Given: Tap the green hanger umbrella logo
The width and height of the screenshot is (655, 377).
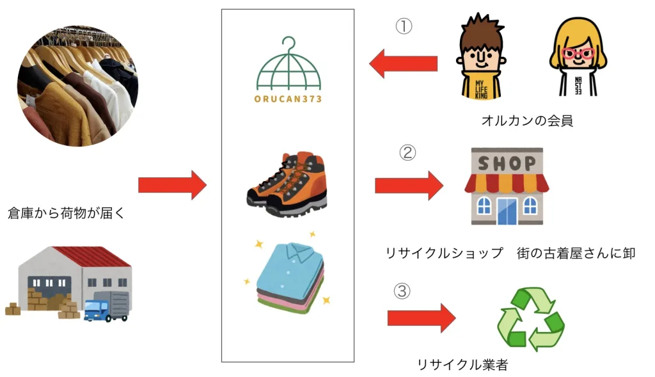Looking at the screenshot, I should point(288,67).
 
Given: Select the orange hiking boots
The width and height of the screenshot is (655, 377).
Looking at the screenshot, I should point(287,185).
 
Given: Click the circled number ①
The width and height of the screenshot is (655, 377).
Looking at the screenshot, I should point(404,26).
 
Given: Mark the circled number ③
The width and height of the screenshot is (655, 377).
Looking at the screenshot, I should point(400,291).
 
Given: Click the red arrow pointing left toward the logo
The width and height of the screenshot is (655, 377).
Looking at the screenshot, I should point(403,64).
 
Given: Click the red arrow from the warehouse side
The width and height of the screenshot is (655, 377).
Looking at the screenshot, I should point(172,185).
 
